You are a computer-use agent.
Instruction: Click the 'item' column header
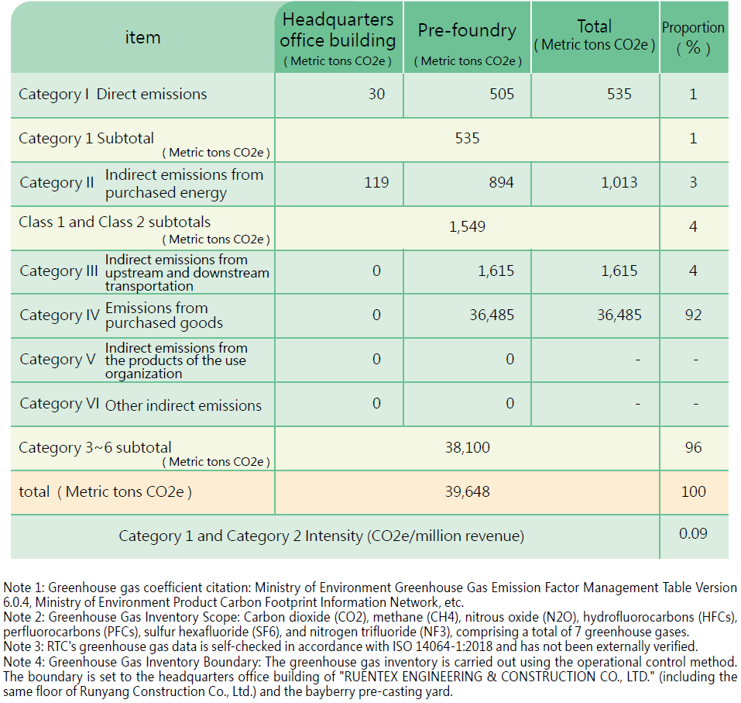point(142,37)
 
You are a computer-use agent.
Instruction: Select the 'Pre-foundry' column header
point(467,30)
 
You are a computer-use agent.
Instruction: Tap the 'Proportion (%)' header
point(693,38)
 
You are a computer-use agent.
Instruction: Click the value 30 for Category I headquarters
point(376,94)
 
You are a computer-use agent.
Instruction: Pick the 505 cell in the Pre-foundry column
point(502,94)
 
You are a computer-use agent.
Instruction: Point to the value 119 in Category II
point(376,182)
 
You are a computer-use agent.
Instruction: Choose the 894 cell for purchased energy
point(502,182)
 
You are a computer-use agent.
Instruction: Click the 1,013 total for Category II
point(619,182)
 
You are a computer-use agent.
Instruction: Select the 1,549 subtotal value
point(467,226)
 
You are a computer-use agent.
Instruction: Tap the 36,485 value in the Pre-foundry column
point(492,315)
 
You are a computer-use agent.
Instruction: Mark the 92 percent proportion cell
point(693,315)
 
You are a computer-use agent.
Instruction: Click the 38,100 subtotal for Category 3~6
point(468,447)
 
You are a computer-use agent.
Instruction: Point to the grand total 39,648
point(468,492)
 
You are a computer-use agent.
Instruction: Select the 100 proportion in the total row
point(693,491)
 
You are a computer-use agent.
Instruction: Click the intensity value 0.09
point(693,533)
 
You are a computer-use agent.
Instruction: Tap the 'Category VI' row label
point(60,404)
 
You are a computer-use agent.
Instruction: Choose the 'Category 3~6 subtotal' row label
point(95,447)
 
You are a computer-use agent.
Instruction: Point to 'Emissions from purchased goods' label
point(164,315)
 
